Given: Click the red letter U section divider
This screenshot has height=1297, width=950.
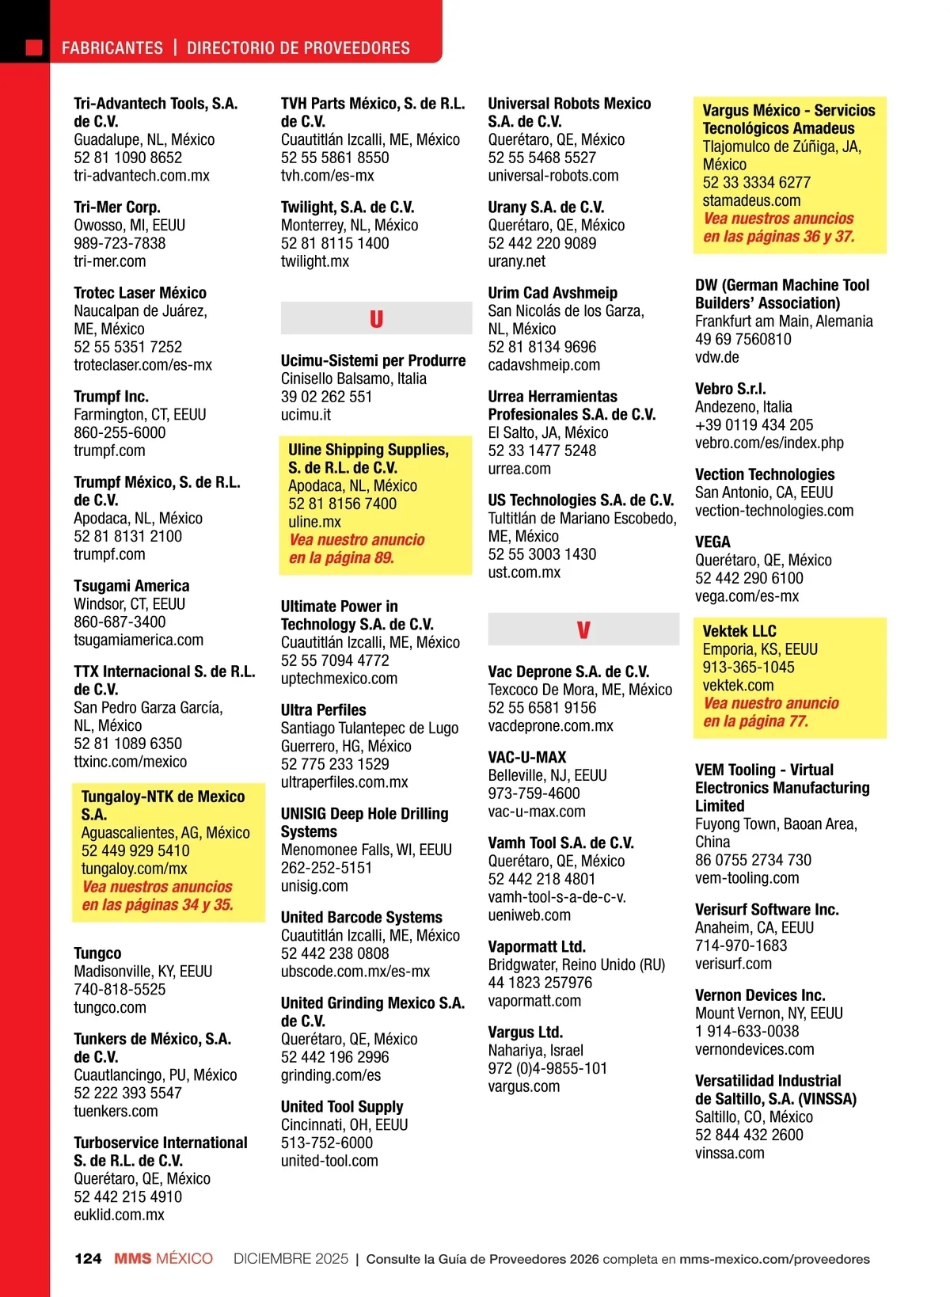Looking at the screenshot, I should (x=376, y=319).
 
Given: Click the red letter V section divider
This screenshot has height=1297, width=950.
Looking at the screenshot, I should (x=583, y=630).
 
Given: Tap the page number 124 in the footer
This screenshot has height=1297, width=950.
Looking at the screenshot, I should (x=88, y=1259).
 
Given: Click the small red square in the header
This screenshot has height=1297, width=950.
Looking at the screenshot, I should (x=34, y=48).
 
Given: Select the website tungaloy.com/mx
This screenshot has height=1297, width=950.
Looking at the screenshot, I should (x=134, y=869).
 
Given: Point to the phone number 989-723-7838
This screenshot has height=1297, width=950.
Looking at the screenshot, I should (x=120, y=243).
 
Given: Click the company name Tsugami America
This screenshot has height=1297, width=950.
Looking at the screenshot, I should (x=131, y=586).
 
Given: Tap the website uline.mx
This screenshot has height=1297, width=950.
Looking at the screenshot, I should (x=314, y=522).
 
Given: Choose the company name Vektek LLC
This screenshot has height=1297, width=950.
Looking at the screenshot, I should (x=739, y=631).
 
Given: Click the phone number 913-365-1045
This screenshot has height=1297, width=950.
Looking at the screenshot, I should (x=748, y=668).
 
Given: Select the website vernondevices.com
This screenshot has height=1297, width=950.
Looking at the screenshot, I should (x=754, y=1049).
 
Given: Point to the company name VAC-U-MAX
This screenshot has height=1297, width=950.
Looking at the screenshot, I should (x=527, y=757).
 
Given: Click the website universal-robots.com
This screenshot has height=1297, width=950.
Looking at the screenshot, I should (x=553, y=176).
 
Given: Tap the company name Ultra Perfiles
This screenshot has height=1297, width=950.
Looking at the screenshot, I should (x=323, y=710).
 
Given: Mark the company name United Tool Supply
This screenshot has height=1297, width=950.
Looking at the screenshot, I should (x=342, y=1106).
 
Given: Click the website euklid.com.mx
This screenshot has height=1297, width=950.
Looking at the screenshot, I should (x=119, y=1215).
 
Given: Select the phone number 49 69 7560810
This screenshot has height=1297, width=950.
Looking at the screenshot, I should (x=743, y=339).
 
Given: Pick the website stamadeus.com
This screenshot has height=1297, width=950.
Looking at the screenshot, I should (x=751, y=200).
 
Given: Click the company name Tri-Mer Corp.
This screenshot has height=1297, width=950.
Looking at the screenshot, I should (x=116, y=207).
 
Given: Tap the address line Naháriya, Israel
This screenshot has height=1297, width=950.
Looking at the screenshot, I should (x=535, y=1050).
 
